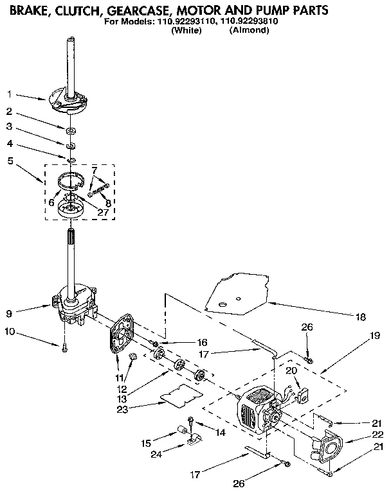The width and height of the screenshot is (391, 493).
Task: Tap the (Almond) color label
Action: (x=249, y=30)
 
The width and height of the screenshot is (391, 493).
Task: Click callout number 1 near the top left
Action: (x=9, y=94)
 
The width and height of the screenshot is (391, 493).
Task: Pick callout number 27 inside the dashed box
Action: (x=103, y=212)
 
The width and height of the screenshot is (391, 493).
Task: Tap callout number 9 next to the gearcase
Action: (x=9, y=313)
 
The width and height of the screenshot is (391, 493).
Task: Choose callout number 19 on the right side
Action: (x=375, y=335)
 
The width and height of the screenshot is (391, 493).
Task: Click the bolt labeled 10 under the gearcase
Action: (x=64, y=349)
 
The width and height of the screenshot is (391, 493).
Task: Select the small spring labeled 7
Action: (x=98, y=189)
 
